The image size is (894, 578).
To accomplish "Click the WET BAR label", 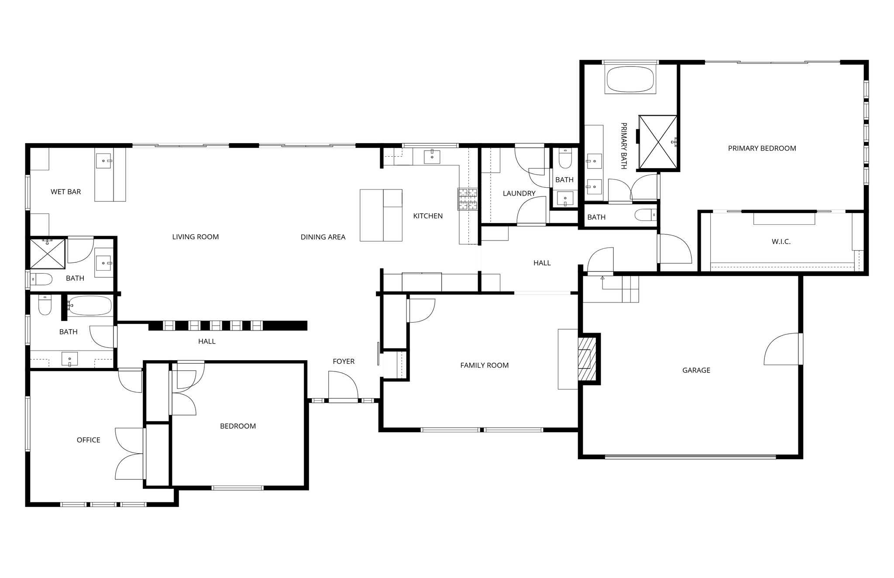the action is point(65,192).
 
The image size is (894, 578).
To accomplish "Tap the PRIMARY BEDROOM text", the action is point(762,148).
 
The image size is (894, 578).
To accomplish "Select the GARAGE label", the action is point(696,370).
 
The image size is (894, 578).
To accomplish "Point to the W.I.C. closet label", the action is point(781,241).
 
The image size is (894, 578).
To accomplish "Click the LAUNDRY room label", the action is point(519,193).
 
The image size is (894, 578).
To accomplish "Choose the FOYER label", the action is point(344,361).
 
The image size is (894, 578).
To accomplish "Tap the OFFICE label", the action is point(89,440).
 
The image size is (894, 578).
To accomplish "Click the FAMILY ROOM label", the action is point(485,365).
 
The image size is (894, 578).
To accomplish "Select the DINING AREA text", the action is point(323,237).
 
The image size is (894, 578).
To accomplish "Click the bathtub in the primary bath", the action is point(630,79).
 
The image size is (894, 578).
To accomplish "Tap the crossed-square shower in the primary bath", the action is point(658,142).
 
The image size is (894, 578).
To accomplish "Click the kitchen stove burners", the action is point(468,199).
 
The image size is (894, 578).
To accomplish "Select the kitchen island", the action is point(381,215).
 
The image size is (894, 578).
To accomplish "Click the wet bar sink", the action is point(103,161).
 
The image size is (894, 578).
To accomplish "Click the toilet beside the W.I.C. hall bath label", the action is point(646,215).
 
